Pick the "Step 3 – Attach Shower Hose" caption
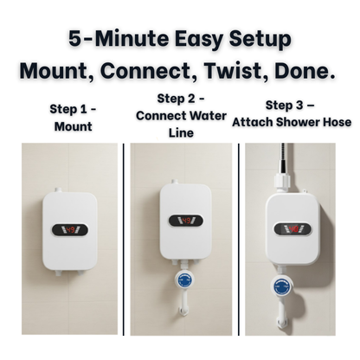(292, 115)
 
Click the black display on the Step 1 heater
(69, 230)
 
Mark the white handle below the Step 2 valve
(183, 303)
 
